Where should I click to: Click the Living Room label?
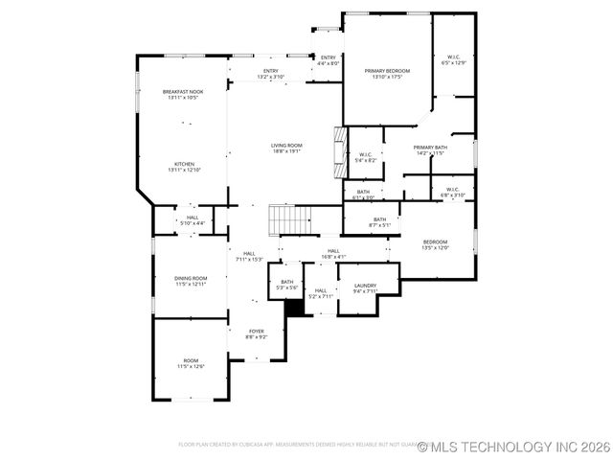click(287, 148)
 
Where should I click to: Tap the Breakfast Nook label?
click(182, 94)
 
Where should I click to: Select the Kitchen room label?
click(182, 167)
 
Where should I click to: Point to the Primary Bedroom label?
click(387, 74)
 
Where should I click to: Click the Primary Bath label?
click(429, 149)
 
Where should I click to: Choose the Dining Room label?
click(191, 281)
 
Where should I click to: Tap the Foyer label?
click(257, 333)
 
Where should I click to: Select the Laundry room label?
click(364, 287)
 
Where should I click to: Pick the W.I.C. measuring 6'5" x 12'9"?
click(453, 59)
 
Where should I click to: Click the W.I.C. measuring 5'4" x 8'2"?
click(366, 157)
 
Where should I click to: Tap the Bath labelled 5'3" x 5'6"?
click(287, 285)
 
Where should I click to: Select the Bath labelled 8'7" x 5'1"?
click(380, 222)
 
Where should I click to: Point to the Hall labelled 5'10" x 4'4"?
click(193, 220)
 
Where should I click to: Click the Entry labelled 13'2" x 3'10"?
click(271, 74)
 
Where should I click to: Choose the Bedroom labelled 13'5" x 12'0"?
click(436, 244)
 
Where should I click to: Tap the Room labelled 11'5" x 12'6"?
click(191, 363)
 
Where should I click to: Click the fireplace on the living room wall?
click(337, 153)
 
